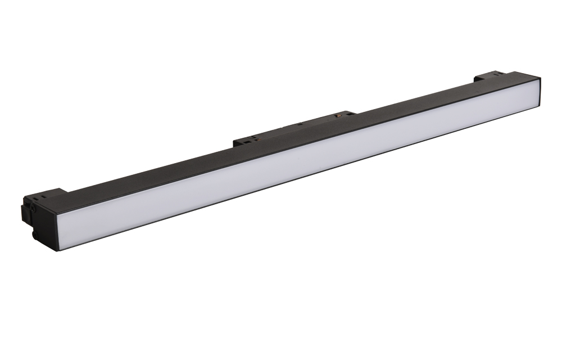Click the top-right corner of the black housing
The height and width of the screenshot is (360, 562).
click(540, 78)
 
